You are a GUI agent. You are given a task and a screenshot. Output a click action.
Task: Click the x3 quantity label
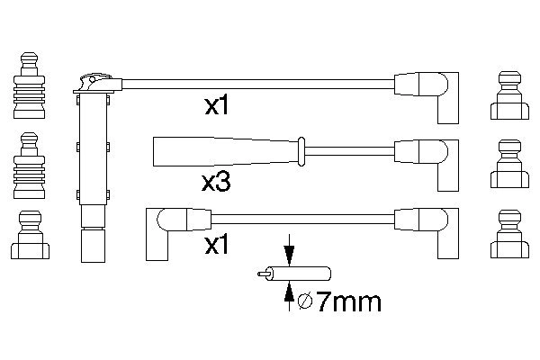coord(216,182)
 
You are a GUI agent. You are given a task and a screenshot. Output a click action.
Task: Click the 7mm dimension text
coord(345,301)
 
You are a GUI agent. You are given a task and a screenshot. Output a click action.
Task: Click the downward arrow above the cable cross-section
coord(288,247)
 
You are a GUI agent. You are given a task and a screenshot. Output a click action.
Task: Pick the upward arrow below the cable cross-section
coord(288,292)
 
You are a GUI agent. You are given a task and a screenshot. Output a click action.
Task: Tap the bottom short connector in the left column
coord(30,237)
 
